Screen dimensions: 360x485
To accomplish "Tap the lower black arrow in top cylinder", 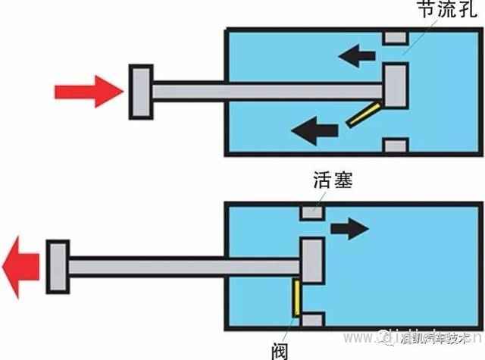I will tap(315, 130).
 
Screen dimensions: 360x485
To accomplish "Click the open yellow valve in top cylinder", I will tap(365, 113).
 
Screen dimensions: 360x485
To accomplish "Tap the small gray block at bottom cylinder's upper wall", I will tap(311, 211).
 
